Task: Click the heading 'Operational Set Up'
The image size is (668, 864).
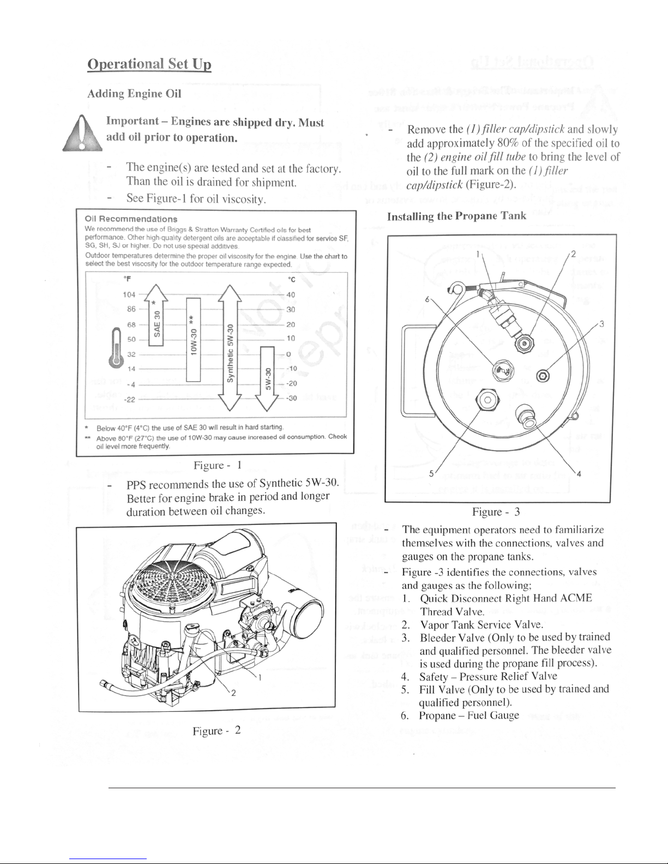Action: (x=149, y=64)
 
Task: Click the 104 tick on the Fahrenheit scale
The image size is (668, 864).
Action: (x=130, y=295)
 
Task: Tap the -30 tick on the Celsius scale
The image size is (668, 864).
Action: (x=292, y=398)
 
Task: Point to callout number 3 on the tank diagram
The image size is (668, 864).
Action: (x=601, y=324)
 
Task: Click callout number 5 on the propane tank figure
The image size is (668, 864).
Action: (x=431, y=473)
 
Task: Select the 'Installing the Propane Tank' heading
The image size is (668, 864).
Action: (x=456, y=216)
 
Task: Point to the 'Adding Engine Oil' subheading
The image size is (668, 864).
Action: (x=134, y=93)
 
